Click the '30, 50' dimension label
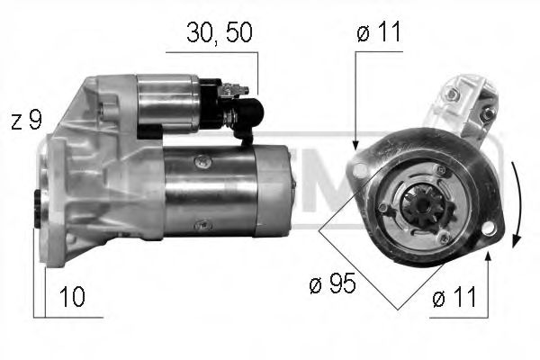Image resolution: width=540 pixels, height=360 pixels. click(x=220, y=32)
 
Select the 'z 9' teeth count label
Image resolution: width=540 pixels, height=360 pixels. click(x=26, y=120)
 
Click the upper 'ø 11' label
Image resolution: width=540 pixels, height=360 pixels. click(x=378, y=32)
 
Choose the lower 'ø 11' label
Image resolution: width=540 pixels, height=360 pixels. click(x=452, y=299)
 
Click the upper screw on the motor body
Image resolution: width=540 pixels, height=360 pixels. click(x=204, y=162)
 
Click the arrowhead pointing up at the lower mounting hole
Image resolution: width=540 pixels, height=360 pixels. click(x=486, y=257)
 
